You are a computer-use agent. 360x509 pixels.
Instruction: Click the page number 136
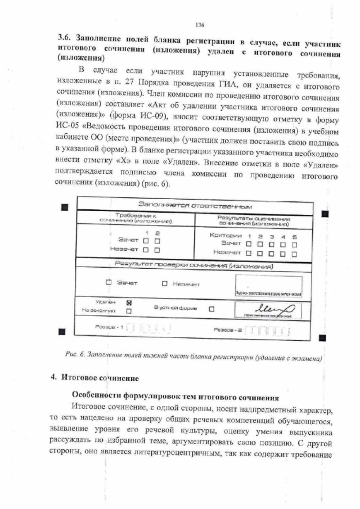tap(199, 25)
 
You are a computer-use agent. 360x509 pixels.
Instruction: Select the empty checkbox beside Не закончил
tap(129, 310)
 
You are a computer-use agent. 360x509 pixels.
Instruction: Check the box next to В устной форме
tap(211, 308)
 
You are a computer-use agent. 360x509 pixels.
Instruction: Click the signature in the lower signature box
tap(274, 308)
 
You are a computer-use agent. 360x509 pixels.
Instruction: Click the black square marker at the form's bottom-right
tap(323, 336)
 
